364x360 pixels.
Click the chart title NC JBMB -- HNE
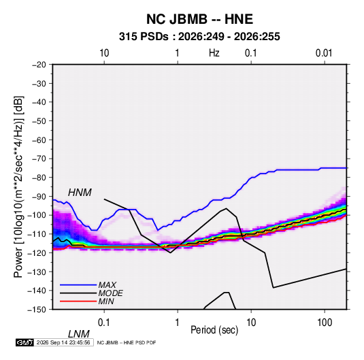pos(199,19)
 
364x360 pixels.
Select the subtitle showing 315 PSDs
pos(199,37)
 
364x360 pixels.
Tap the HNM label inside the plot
pos(80,193)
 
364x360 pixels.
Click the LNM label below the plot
pos(78,334)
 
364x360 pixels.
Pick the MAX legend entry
pos(107,284)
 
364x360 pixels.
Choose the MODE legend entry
pos(110,293)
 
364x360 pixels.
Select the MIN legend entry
pos(106,301)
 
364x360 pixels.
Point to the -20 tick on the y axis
pos(39,65)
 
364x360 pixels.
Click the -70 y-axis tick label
pos(39,159)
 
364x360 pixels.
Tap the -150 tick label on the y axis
pos(37,310)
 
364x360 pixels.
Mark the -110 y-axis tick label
pos(37,234)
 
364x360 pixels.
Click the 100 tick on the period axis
pos(325,323)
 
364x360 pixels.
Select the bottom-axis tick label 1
pos(177,323)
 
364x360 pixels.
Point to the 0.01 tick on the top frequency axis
pos(324,53)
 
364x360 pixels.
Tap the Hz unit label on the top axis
pos(214,53)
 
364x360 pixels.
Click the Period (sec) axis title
pos(214,330)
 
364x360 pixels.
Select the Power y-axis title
pos(18,187)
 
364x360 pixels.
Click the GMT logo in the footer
pos(24,342)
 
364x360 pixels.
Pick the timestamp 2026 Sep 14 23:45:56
pos(63,342)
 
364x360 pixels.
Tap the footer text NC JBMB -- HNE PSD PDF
pos(127,342)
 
